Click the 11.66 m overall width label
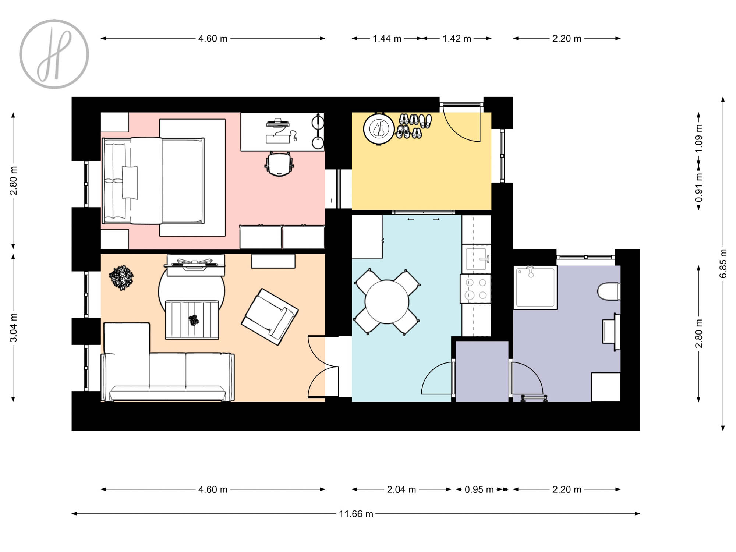[356, 514]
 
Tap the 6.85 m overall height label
[723, 264]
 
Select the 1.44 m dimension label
[387, 39]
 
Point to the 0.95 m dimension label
[479, 489]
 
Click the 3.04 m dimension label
[14, 328]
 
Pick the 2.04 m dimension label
[401, 489]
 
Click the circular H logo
[54, 54]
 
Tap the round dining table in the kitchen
[387, 302]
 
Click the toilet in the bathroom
[609, 291]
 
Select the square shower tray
[535, 287]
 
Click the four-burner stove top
[476, 289]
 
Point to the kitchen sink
[477, 259]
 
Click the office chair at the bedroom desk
[279, 164]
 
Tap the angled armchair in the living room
[270, 316]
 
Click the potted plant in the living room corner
[121, 277]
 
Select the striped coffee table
[192, 320]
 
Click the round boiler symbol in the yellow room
[379, 129]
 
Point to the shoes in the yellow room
[414, 126]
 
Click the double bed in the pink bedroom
[153, 181]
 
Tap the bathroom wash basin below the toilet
[611, 332]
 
